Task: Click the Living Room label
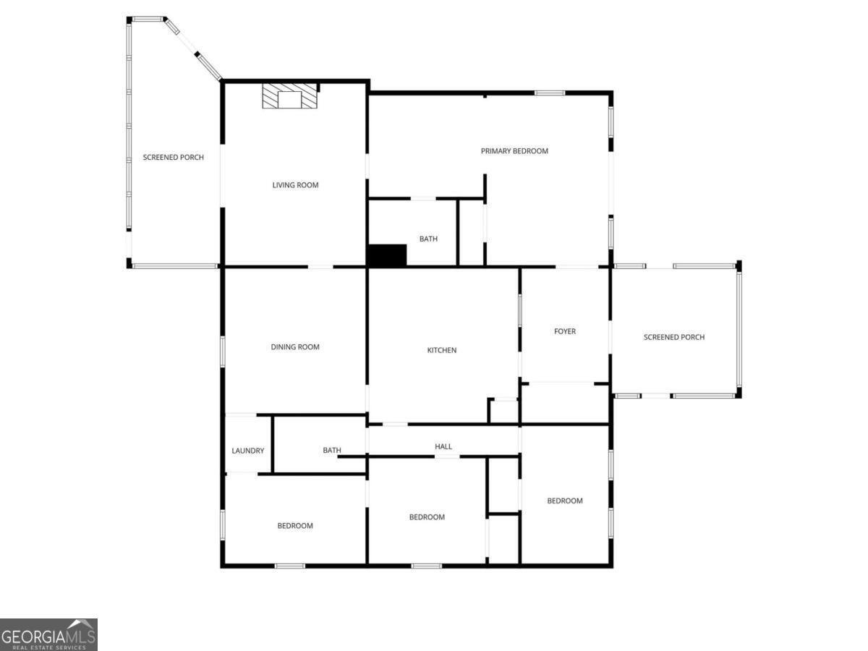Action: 295,185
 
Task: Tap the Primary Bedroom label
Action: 514,151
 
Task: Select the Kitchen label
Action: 442,350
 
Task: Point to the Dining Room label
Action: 295,347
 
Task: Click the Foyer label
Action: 565,331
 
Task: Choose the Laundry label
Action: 248,451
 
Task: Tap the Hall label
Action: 443,447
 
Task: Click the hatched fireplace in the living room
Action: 289,97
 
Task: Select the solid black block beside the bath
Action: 387,255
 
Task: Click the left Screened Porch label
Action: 174,157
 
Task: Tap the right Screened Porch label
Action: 674,337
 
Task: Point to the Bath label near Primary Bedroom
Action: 428,239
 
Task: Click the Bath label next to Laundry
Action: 332,451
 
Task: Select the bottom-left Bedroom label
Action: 295,526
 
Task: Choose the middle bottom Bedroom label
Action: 427,517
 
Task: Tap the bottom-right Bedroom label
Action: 565,501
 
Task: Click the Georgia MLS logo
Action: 48,634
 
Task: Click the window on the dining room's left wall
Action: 222,352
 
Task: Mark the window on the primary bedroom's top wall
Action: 550,93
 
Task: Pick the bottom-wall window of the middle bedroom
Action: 427,566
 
